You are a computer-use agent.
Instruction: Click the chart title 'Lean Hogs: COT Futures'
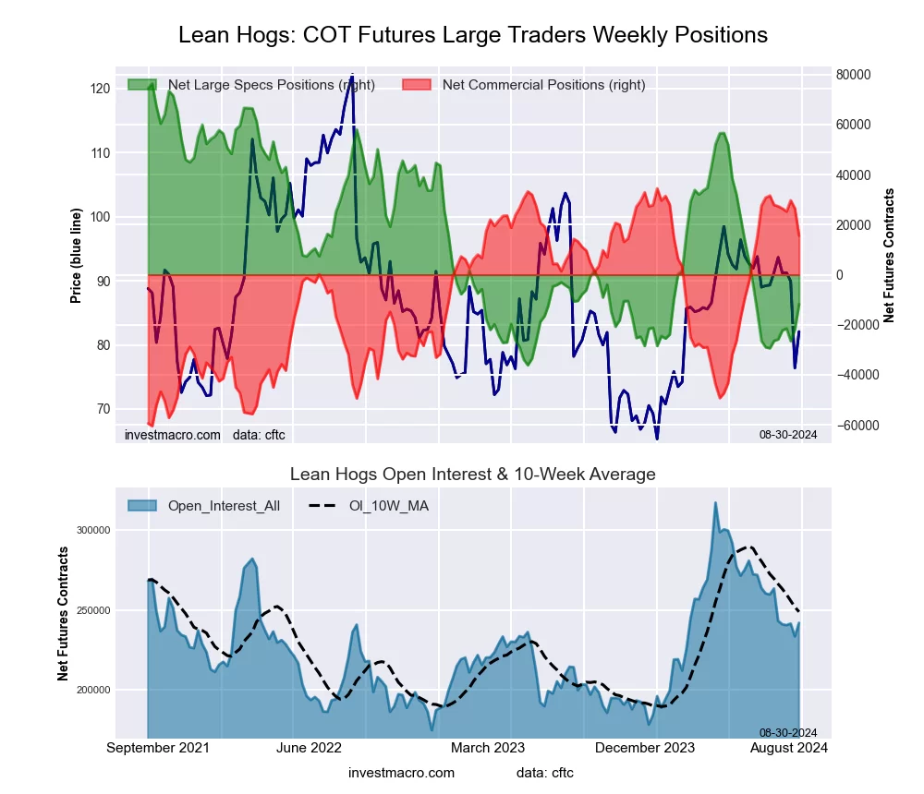click(472, 35)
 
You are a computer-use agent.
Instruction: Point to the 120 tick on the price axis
click(100, 89)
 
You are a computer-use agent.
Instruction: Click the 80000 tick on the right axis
click(857, 75)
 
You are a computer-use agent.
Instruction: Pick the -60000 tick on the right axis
click(857, 425)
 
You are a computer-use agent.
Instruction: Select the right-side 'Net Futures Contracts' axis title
click(890, 256)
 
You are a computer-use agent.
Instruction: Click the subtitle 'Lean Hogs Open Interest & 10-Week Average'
click(472, 475)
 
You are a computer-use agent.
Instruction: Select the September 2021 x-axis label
click(158, 747)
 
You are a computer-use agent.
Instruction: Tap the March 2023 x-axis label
click(488, 747)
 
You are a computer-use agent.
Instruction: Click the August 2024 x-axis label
click(789, 747)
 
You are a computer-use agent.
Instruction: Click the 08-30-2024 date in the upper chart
click(788, 433)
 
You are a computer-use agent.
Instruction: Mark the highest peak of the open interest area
click(715, 503)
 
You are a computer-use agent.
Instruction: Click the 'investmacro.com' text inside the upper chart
click(173, 434)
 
